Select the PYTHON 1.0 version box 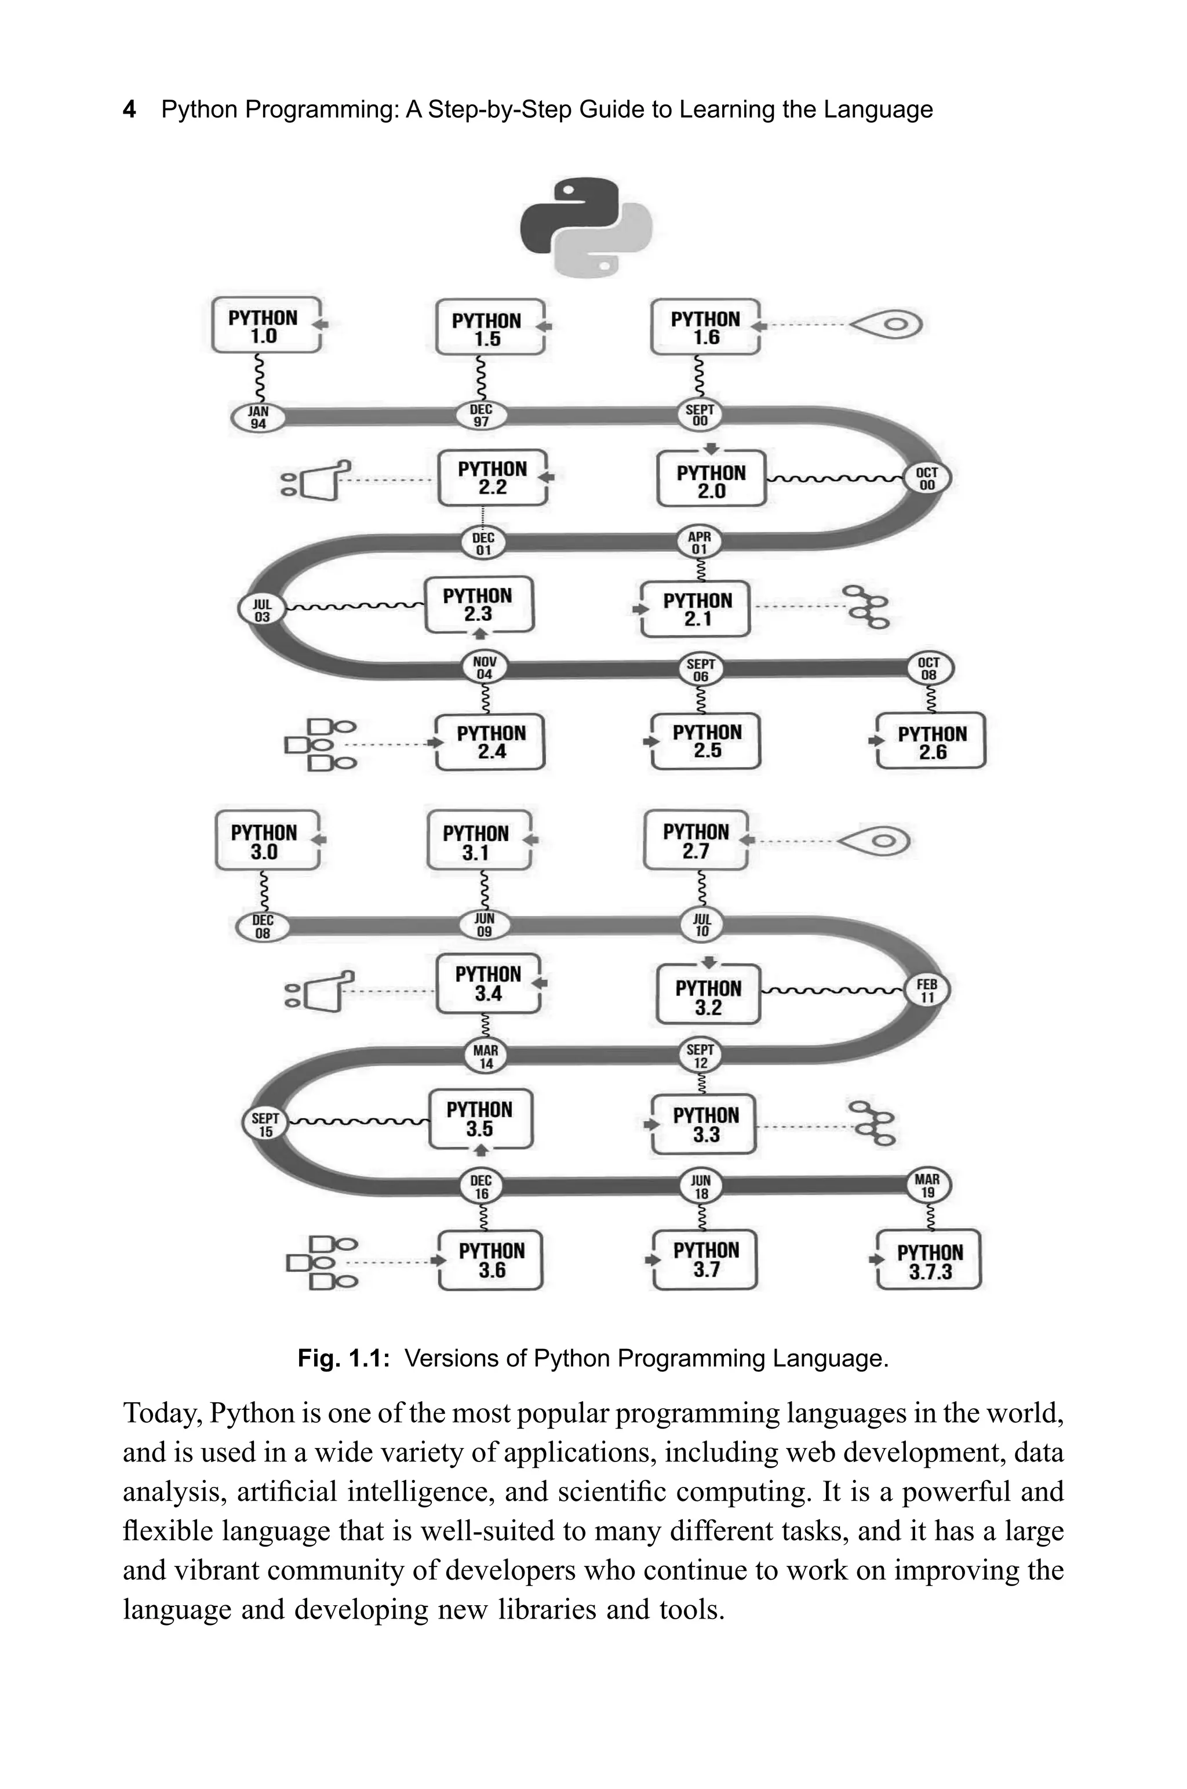[265, 326]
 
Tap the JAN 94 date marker [258, 417]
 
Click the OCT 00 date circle [927, 478]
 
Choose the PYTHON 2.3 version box [478, 604]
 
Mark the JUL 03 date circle [262, 609]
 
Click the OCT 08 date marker [929, 668]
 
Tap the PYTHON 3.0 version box [265, 841]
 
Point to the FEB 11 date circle [927, 990]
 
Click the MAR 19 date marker [927, 1186]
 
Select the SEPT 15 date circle [265, 1124]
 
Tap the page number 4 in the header [129, 110]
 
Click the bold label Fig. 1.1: [343, 1358]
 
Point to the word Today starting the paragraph [162, 1413]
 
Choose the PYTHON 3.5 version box [480, 1119]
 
